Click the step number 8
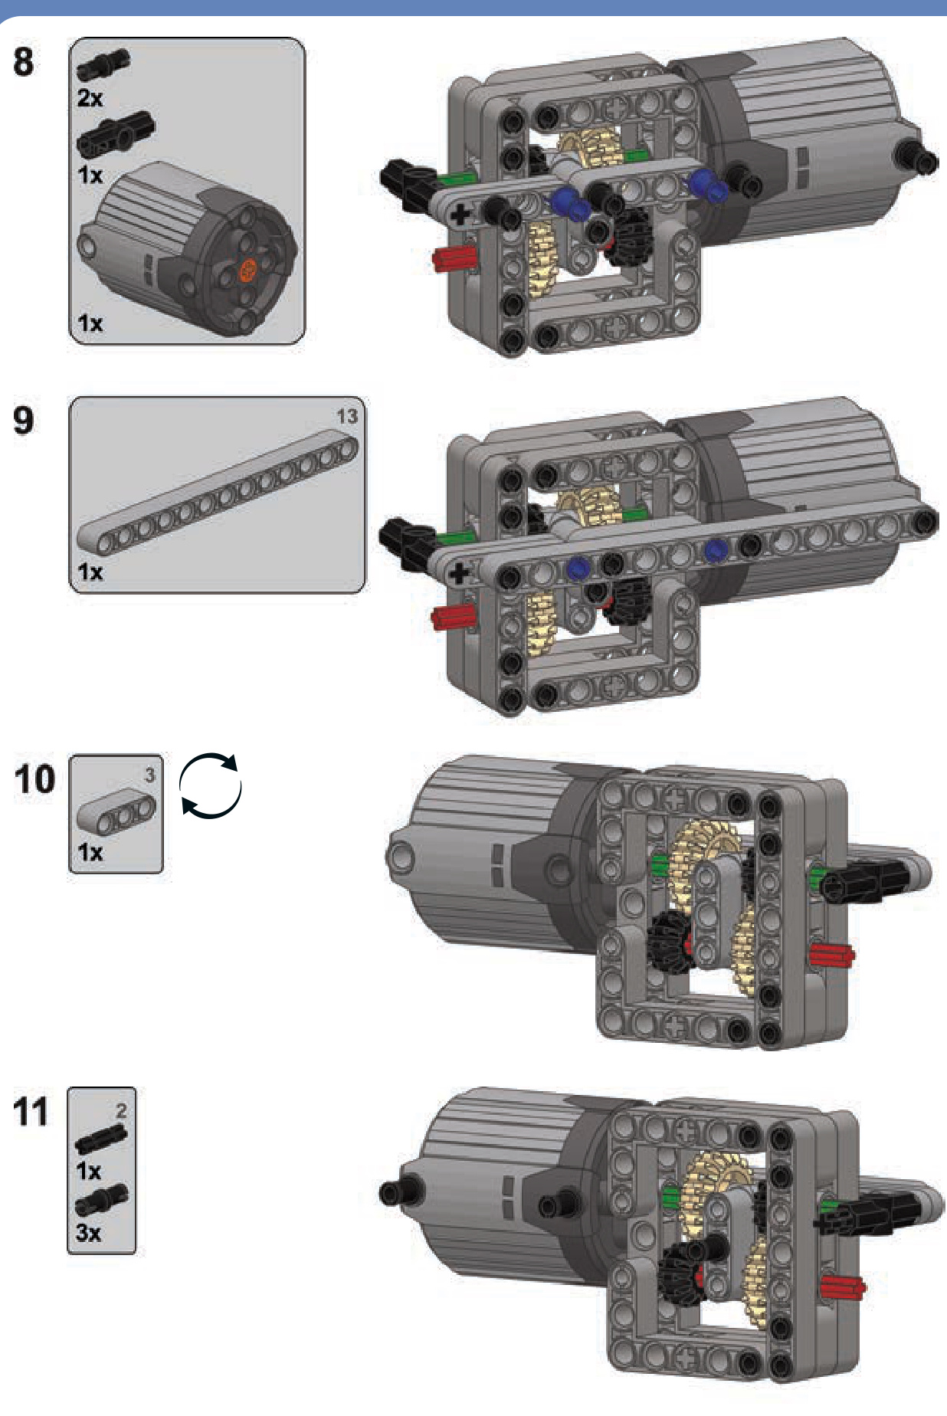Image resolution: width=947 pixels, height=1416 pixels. pos(24,61)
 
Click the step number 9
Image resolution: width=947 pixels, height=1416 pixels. pos(24,420)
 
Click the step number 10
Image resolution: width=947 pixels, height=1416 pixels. pos(34,779)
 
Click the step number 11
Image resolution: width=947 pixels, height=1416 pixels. pos(31,1112)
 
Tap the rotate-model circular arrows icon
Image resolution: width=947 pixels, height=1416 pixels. pos(211,786)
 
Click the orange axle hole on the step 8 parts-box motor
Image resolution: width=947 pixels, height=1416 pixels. pos(248,269)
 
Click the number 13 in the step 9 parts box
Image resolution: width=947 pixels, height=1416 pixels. pos(347,416)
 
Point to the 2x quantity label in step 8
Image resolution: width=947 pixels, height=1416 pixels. pos(90,98)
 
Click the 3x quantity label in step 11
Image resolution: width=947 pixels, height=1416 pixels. pos(88,1233)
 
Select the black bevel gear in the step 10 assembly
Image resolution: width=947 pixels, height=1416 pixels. pos(669,942)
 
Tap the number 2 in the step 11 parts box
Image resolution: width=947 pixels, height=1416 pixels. pos(121,1110)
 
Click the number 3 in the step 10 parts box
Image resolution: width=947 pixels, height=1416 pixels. pos(150,775)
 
